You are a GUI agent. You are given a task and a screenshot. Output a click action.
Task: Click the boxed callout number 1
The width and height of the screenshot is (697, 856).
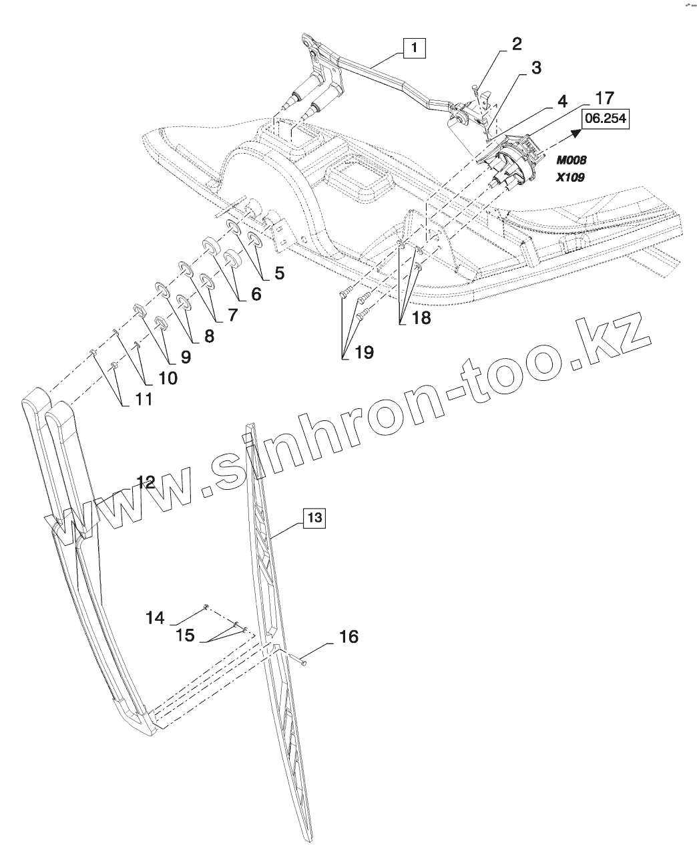pos(415,47)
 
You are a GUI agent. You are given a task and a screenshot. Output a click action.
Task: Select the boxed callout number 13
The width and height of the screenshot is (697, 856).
pos(314,517)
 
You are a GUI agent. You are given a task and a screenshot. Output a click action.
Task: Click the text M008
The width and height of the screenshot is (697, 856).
pos(571,160)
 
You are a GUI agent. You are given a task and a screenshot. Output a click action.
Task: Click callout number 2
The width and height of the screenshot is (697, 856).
pos(517,44)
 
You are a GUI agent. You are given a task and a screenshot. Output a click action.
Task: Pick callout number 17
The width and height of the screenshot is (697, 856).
pos(604,98)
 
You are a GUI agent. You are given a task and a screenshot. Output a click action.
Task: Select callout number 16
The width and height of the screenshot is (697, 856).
pos(348,637)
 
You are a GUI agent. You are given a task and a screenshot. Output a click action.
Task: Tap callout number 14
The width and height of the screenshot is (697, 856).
pos(155,618)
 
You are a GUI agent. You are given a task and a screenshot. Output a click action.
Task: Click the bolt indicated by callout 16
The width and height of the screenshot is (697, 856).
pos(300,662)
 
